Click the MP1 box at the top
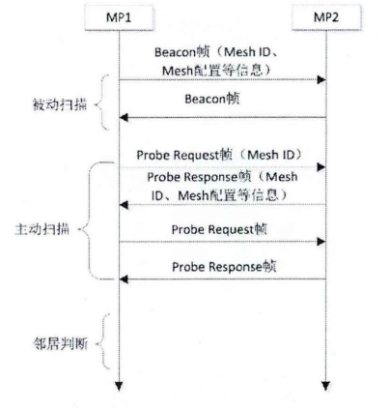point(118,18)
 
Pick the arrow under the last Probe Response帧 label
point(223,280)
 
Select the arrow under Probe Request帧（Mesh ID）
point(223,166)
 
